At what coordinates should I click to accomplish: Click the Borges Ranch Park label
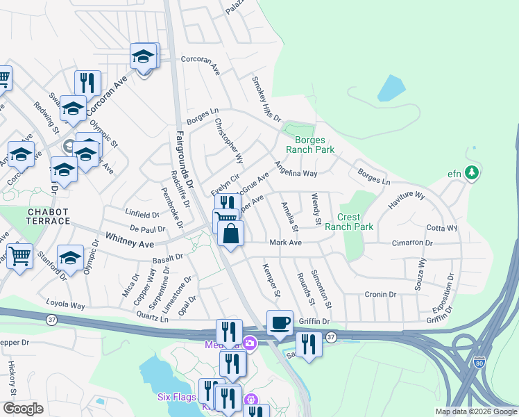(311, 145)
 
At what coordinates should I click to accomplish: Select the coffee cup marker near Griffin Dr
(280, 324)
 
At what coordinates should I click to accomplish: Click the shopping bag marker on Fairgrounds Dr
(231, 234)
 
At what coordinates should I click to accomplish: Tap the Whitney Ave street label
(129, 239)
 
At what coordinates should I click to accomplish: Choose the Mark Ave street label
(285, 243)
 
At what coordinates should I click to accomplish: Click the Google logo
(23, 409)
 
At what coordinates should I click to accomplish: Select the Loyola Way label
(65, 304)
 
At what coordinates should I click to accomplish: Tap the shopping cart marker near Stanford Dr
(19, 255)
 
